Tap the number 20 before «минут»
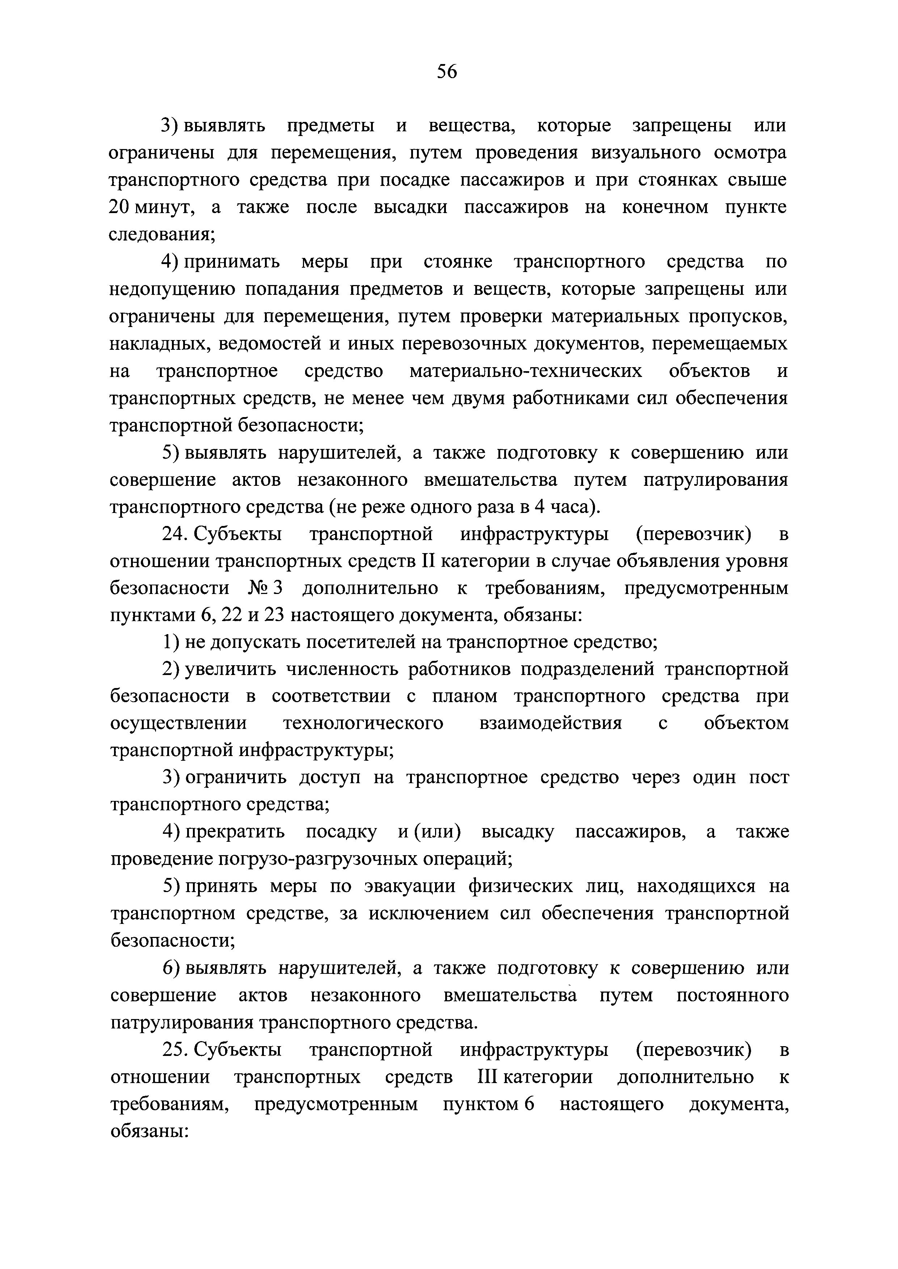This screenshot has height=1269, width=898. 119,207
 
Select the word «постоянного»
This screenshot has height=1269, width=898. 733,996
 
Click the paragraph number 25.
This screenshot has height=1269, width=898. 173,1049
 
